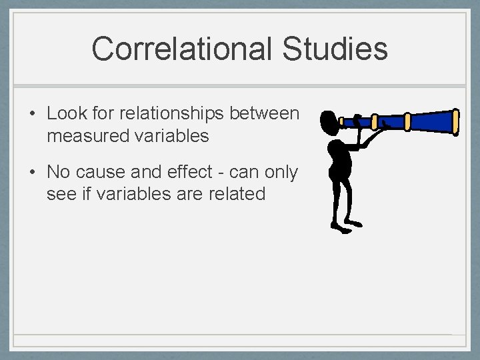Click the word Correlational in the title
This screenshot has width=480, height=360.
182,49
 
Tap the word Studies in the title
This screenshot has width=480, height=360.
335,49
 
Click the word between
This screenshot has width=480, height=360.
265,113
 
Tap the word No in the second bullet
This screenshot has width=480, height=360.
58,172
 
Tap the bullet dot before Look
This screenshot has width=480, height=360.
32,114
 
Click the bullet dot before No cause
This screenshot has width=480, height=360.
32,173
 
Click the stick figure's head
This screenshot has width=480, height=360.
329,122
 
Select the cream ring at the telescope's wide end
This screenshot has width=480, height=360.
456,121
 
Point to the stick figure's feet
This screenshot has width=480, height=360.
344,226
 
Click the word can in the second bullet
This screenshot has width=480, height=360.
246,172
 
